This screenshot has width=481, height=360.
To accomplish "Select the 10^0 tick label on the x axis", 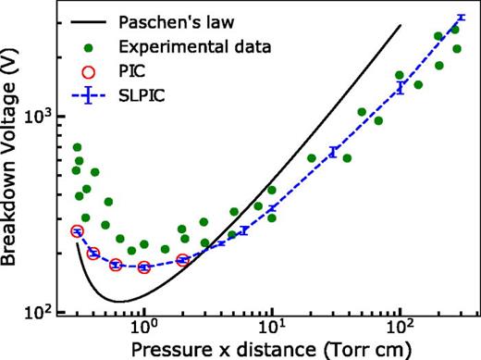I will coord(144,330).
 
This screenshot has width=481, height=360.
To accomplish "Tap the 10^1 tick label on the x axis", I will coord(272,330).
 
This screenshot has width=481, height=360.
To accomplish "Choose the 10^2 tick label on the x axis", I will coord(400,330).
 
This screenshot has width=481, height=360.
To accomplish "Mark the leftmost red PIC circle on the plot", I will coord(78,231).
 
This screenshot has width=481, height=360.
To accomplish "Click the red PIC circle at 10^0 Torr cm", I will coord(144,267).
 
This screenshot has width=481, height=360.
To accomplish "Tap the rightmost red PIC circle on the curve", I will coord(183,260).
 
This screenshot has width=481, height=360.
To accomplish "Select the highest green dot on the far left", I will coord(78,147).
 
